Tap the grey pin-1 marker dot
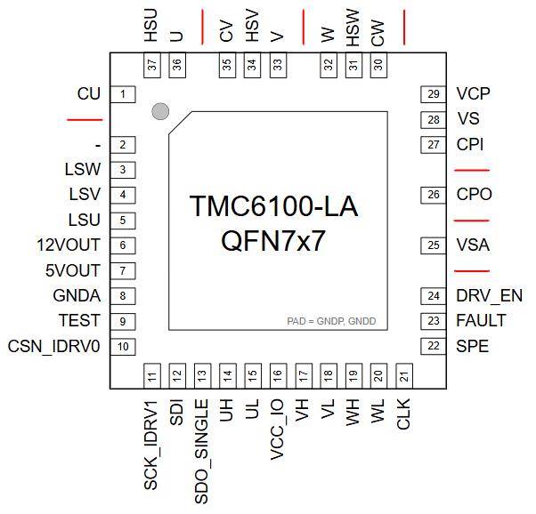160,111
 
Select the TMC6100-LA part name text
273,205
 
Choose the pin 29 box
433,94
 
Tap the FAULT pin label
481,321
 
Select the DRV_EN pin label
489,296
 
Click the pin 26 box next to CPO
433,195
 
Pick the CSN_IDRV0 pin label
53,346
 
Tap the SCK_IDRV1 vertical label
151,445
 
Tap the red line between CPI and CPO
472,170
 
